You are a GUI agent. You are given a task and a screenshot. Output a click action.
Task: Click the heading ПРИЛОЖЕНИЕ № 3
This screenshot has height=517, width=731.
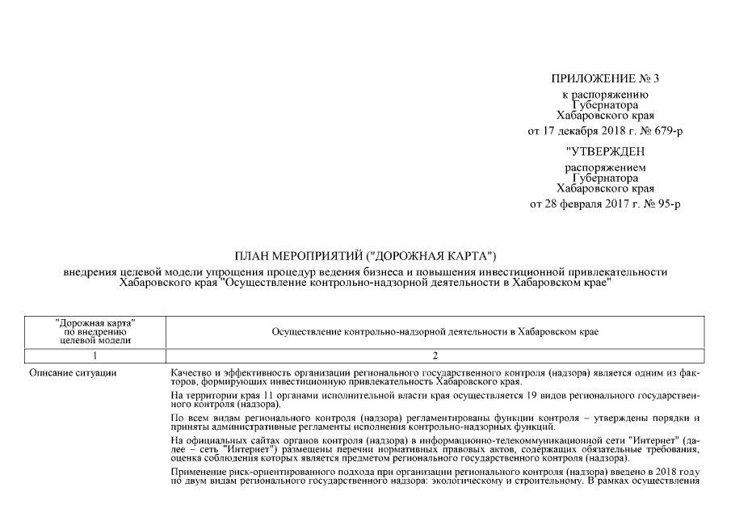605,78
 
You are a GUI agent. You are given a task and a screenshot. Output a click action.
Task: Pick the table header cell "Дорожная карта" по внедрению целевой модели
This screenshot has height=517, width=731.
95,331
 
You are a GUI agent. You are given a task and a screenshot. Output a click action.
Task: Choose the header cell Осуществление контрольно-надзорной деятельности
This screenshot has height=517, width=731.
435,331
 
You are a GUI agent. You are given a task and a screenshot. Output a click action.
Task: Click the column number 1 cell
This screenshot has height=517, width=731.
95,355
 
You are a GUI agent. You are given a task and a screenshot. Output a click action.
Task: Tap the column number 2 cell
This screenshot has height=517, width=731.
435,355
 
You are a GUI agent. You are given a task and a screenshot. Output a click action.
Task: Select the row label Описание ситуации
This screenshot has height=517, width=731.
73,372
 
